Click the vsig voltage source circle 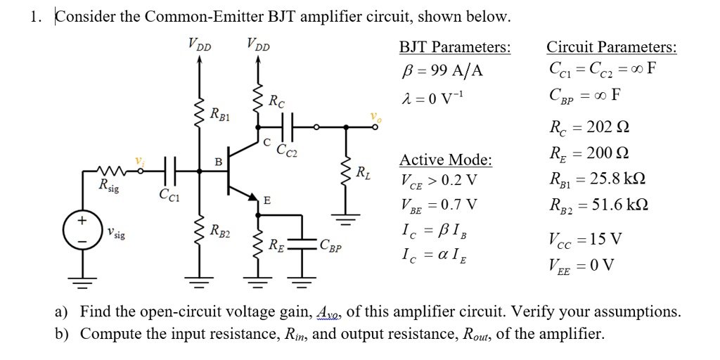coord(82,231)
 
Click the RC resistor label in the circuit coord(277,101)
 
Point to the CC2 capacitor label coord(286,149)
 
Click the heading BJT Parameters coord(455,48)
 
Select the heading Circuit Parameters coord(612,48)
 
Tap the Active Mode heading coord(446,160)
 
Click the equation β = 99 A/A coord(442,71)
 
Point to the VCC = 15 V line coord(584,239)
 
